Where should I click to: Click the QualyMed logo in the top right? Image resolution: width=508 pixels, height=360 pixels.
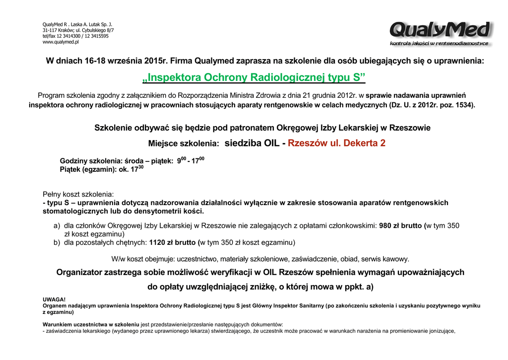tap(441, 33)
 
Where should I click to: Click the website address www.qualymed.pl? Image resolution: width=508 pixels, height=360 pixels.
tap(61, 42)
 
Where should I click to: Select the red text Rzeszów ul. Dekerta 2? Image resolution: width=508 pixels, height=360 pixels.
tap(336, 144)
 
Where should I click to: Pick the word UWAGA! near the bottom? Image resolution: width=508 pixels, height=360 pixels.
tap(54, 299)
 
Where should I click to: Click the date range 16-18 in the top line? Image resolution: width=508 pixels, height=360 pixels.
tap(96, 61)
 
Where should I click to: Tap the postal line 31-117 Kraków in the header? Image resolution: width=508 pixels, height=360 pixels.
tap(58, 30)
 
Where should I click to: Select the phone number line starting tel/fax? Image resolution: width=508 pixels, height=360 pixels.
tap(75, 36)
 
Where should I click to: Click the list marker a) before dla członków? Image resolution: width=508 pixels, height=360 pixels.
tap(57, 225)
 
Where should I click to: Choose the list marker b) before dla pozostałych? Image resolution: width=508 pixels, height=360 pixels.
tap(57, 243)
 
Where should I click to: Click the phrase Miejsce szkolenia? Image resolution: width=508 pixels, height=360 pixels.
tap(184, 144)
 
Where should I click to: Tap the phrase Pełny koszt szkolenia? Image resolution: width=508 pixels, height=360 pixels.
tap(78, 194)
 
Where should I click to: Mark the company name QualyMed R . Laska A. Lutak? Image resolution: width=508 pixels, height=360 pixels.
tap(77, 24)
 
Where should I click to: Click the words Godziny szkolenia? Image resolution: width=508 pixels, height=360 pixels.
tap(91, 161)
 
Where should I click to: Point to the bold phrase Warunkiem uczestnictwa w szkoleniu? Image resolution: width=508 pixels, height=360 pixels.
tap(91, 324)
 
